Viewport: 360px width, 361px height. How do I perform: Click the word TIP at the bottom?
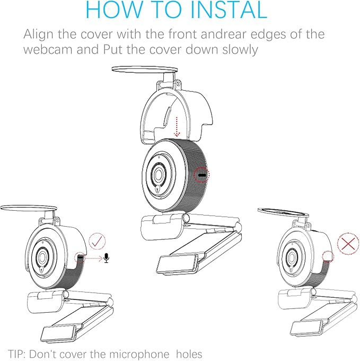[17, 354]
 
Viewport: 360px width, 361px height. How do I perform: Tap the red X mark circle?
[347, 245]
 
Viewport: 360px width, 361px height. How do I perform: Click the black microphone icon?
[107, 258]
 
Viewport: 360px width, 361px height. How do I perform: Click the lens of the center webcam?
[158, 174]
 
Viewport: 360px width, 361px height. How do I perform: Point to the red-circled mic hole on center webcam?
[202, 174]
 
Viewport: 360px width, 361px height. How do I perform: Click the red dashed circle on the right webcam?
[327, 257]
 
